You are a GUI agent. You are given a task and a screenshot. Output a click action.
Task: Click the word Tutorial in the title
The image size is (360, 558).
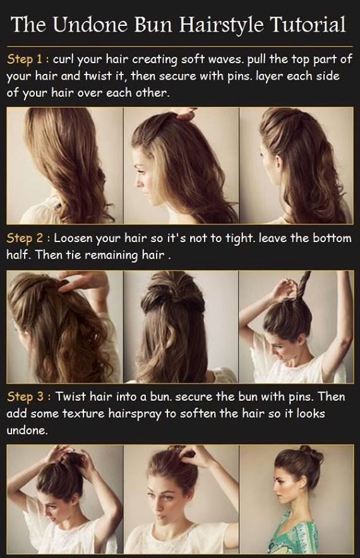(x=308, y=25)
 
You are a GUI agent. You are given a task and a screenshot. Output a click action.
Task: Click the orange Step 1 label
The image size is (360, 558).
(x=27, y=60)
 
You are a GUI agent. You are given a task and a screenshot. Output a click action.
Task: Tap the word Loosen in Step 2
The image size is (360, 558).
(x=75, y=238)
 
